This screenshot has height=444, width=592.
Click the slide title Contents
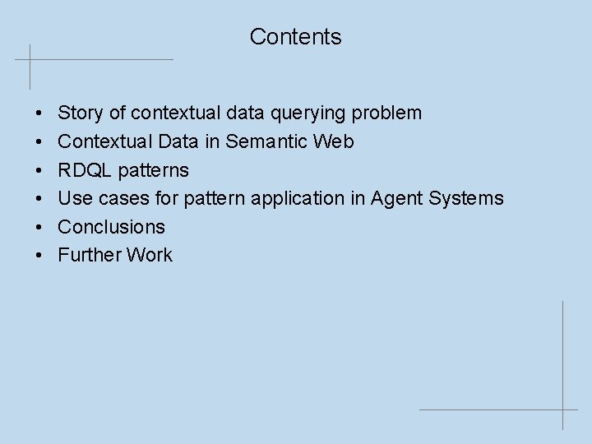[x=295, y=37]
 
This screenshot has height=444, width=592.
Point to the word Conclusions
[x=111, y=227]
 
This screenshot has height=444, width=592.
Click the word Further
[x=89, y=255]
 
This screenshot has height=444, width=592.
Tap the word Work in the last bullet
[x=149, y=255]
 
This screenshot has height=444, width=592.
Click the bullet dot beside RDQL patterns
[x=40, y=170]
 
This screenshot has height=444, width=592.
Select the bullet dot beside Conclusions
[x=40, y=227]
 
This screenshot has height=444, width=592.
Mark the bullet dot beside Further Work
[x=40, y=255]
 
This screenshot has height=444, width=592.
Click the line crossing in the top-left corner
[x=30, y=60]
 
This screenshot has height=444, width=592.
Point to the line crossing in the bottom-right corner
[x=564, y=409]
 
